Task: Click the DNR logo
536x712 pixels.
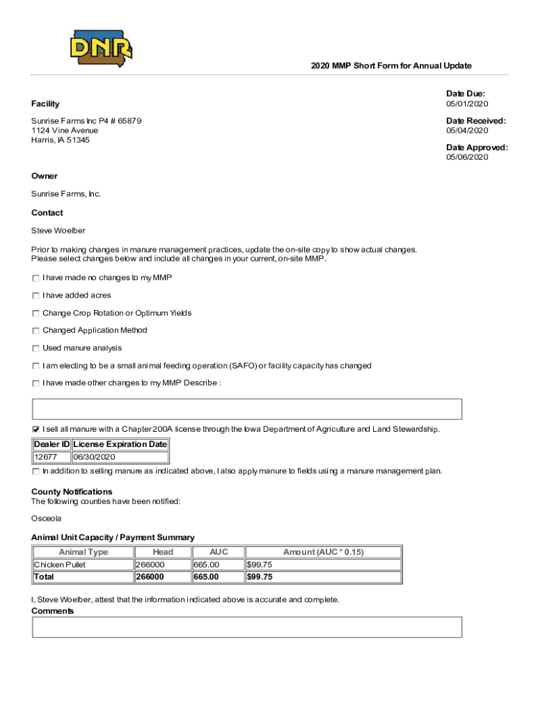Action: [101, 47]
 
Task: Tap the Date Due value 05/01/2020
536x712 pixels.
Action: [467, 104]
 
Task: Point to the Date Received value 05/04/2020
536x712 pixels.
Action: [467, 130]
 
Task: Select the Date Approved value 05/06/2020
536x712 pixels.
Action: [467, 157]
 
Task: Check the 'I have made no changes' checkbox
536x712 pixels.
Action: [36, 278]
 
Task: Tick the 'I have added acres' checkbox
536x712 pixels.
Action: [36, 296]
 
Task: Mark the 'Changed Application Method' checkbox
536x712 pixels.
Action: [36, 331]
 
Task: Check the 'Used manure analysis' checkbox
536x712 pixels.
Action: [36, 348]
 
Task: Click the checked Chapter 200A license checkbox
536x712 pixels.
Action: [36, 429]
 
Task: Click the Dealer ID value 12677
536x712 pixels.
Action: [46, 458]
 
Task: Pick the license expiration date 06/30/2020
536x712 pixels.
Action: [94, 458]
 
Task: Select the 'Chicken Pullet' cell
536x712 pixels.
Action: [60, 565]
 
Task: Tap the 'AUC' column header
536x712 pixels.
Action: [218, 552]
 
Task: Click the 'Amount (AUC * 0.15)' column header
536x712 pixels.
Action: [323, 552]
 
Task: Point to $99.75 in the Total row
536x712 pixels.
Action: [259, 577]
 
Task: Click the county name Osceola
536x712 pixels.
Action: [46, 519]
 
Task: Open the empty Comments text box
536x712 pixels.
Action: [247, 627]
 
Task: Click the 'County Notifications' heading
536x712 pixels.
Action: [72, 492]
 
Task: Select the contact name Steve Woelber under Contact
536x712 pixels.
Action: [58, 231]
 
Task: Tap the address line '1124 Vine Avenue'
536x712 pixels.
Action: [65, 131]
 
